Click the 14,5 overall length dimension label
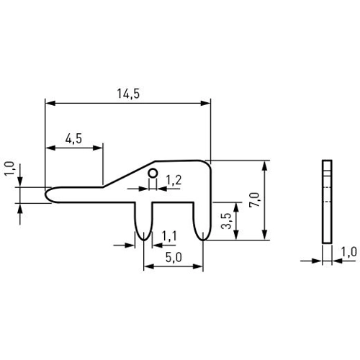coord(128,94)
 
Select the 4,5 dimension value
coord(73,139)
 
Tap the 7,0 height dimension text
coord(254,199)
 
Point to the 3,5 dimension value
coord(226,221)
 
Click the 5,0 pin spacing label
coord(174,258)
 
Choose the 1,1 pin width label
coord(169,236)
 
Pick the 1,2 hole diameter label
coord(174,180)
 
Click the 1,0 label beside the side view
coord(349,252)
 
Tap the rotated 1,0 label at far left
coord(9,169)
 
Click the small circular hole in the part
coord(153,173)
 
